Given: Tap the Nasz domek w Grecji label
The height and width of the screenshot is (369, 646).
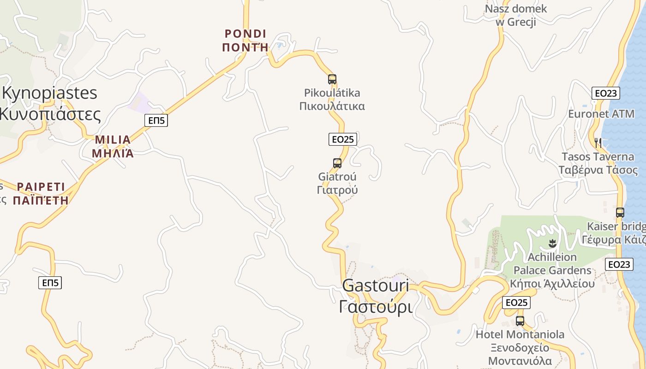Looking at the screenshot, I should point(516,15).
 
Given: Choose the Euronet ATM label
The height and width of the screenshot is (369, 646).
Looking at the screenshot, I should point(601,114).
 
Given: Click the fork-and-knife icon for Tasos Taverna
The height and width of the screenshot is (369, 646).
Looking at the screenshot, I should point(598,143).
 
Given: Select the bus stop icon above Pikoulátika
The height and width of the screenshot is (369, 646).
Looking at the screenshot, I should point(332,79).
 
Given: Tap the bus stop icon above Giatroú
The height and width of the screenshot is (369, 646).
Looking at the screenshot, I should point(337,163).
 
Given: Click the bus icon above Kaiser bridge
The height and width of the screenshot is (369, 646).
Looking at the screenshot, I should point(620,213).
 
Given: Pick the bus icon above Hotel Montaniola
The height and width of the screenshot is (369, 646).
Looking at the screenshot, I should point(520,321).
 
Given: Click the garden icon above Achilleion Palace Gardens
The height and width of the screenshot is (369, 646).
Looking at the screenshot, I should point(553,243).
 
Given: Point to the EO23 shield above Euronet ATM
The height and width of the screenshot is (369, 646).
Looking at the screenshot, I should point(606,93).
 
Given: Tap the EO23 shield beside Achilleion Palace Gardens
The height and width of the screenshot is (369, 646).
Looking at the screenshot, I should point(619,264).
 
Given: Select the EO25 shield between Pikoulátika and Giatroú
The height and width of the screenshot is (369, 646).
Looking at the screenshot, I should point(343,139).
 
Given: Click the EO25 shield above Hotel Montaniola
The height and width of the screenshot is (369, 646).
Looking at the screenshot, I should point(516,303).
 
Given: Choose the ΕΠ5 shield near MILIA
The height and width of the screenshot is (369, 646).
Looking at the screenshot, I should point(156,120).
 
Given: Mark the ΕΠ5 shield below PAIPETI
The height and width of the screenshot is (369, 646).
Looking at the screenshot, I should point(50,283).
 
